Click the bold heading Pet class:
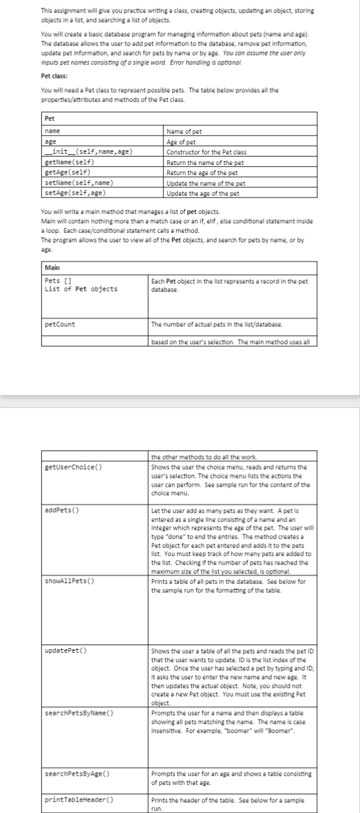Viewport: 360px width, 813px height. (54, 76)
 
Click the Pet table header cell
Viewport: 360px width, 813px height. (50, 119)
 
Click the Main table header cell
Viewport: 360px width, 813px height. (53, 267)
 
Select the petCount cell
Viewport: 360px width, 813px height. (60, 324)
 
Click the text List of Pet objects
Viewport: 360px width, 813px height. (81, 289)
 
